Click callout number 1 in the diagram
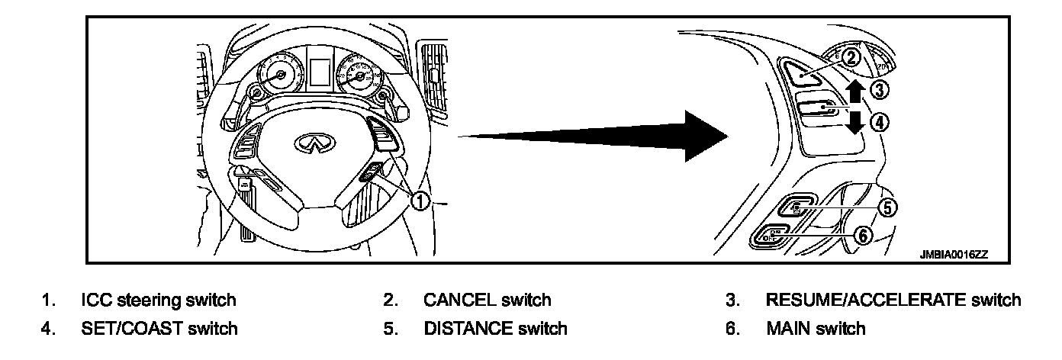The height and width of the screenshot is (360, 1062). (420, 201)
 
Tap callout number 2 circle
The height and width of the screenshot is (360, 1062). (851, 56)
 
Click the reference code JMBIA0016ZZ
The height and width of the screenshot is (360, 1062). (953, 256)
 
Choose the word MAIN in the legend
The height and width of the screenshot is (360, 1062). (789, 329)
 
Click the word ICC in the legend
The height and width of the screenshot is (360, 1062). (95, 300)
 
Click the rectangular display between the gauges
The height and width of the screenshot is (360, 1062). (318, 71)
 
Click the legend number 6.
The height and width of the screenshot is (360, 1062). (730, 329)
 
